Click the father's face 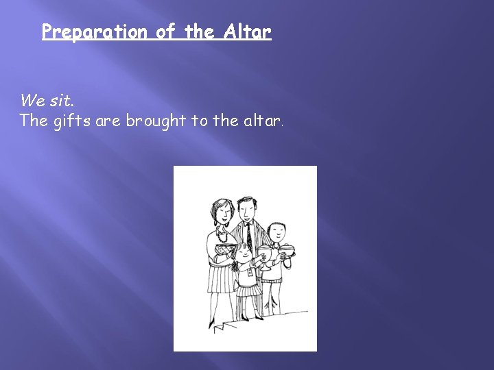247,209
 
